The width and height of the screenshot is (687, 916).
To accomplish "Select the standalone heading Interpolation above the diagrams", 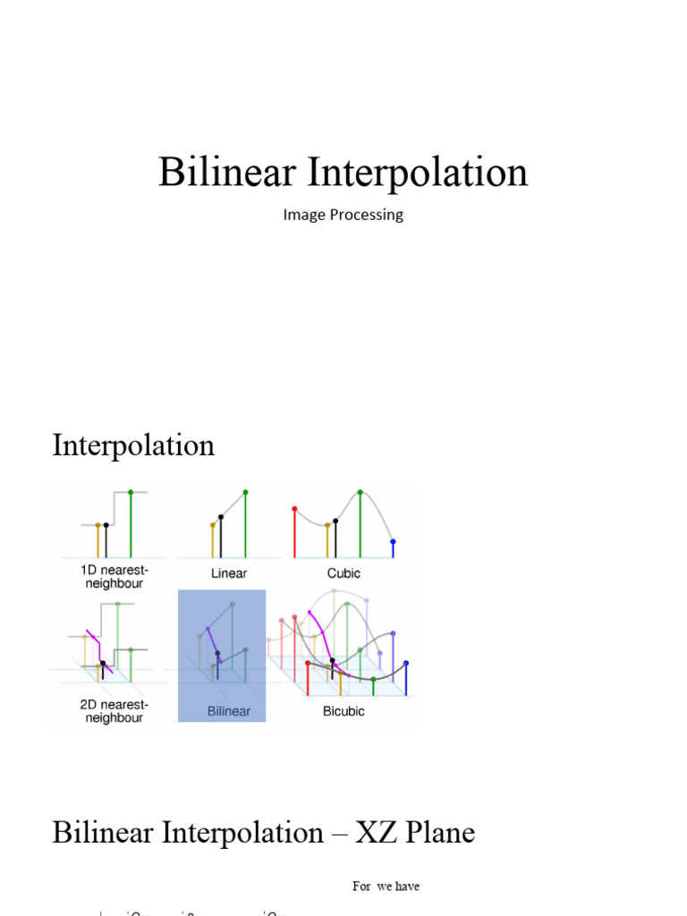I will (133, 445).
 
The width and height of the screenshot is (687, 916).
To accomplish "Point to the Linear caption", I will (229, 572).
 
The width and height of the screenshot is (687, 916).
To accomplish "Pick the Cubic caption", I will (344, 572).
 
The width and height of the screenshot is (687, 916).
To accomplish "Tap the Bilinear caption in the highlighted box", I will (229, 711).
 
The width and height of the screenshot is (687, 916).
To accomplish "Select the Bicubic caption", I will (343, 711).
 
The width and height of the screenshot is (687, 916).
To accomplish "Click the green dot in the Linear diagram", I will (245, 492).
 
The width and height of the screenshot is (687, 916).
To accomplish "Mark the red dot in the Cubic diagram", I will (294, 509).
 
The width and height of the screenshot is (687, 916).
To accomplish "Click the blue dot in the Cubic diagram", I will (392, 542).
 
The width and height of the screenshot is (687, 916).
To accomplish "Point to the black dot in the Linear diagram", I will (221, 516).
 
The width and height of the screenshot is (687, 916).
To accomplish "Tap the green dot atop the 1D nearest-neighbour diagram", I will (131, 492).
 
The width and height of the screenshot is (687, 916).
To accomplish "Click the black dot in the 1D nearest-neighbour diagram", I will (106, 525).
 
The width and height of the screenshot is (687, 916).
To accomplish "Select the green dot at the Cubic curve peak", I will (360, 492).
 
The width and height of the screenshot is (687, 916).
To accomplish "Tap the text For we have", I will (386, 886).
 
